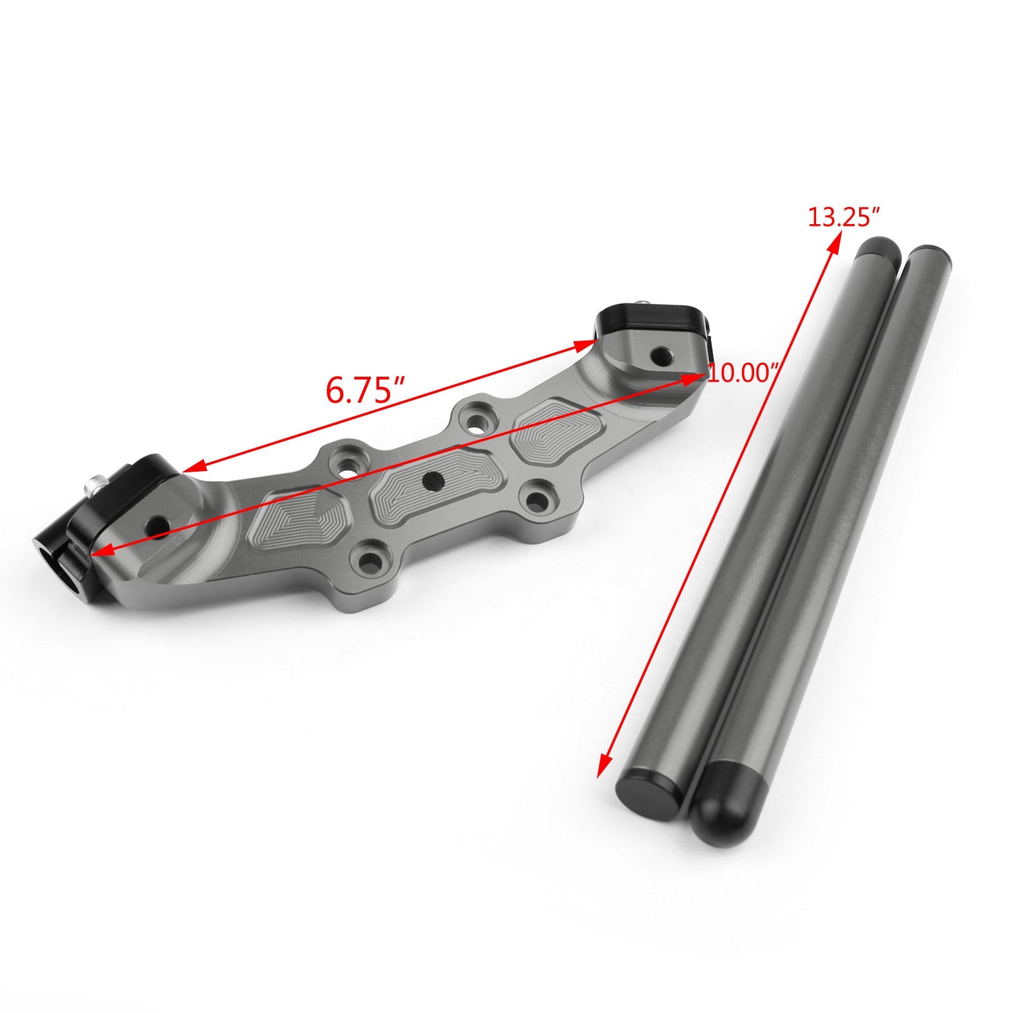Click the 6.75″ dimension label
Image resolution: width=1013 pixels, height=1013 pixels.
pos(365,390)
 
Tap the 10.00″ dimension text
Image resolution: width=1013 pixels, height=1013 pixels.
pos(742,373)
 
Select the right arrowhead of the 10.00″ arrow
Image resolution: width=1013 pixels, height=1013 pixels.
pos(696,377)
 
